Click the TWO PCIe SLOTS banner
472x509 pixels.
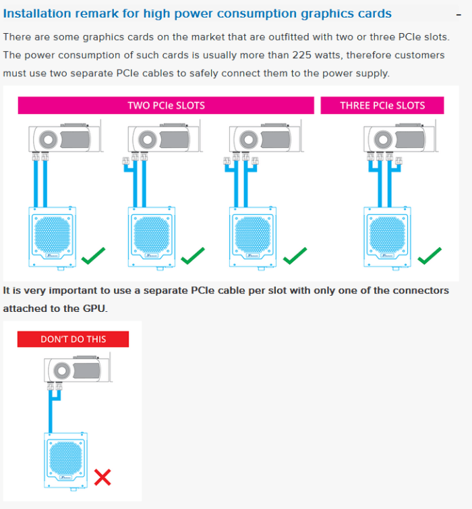coord(166,105)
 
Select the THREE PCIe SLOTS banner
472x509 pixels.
coord(382,105)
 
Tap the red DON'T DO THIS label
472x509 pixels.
coord(73,339)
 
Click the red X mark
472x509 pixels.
coord(102,477)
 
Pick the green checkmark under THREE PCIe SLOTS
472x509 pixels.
coord(430,256)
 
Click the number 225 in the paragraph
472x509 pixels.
coord(302,55)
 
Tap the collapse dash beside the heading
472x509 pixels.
coord(459,15)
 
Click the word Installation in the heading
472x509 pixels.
coord(37,14)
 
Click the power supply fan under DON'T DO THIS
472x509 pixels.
coord(66,458)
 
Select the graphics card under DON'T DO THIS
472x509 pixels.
coord(78,369)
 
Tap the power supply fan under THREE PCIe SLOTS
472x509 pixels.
coord(387,235)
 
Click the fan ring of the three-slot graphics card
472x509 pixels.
coord(383,140)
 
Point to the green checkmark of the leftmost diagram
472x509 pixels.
coord(93,256)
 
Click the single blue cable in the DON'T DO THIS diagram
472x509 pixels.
coord(51,411)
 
